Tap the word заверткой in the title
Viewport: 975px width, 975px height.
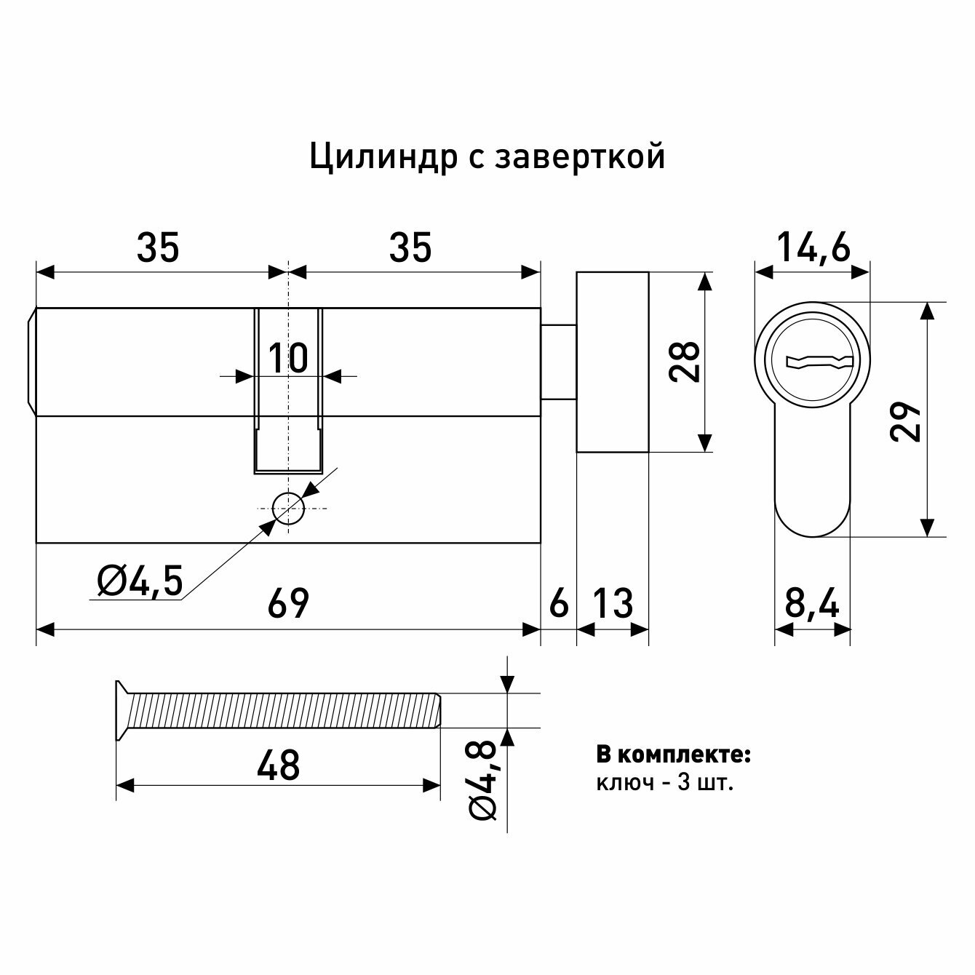[x=580, y=157]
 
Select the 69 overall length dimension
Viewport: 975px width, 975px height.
[x=289, y=604]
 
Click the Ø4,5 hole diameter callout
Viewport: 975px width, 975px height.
[x=140, y=581]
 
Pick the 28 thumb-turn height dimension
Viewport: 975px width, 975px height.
[x=685, y=362]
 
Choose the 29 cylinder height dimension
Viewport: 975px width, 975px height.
[x=907, y=420]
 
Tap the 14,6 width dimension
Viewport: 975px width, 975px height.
[x=813, y=249]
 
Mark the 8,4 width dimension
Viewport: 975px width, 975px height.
[x=813, y=604]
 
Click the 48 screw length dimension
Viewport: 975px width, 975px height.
[x=279, y=765]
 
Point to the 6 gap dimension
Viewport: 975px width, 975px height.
[x=558, y=604]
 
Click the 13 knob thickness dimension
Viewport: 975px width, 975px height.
[x=613, y=604]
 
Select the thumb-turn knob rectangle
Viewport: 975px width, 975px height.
[x=613, y=362]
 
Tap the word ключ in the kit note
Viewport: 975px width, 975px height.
[x=623, y=784]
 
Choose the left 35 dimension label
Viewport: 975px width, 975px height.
[x=158, y=249]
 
